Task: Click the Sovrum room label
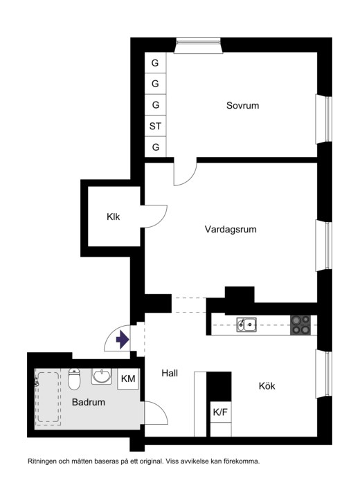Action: tap(242, 106)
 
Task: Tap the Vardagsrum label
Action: tap(231, 230)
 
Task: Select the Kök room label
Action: tap(267, 386)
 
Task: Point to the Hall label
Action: tap(170, 373)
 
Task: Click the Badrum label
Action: tap(89, 402)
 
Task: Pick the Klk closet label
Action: tap(114, 217)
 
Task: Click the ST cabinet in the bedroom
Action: tap(155, 126)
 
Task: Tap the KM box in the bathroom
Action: tap(128, 379)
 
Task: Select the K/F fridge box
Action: tap(220, 412)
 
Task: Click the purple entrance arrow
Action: tap(123, 340)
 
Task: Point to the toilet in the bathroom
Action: tap(74, 379)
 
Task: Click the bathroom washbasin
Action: tap(102, 376)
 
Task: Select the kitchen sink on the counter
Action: tap(246, 324)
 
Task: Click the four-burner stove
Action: tap(300, 325)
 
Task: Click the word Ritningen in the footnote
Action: tap(42, 461)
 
